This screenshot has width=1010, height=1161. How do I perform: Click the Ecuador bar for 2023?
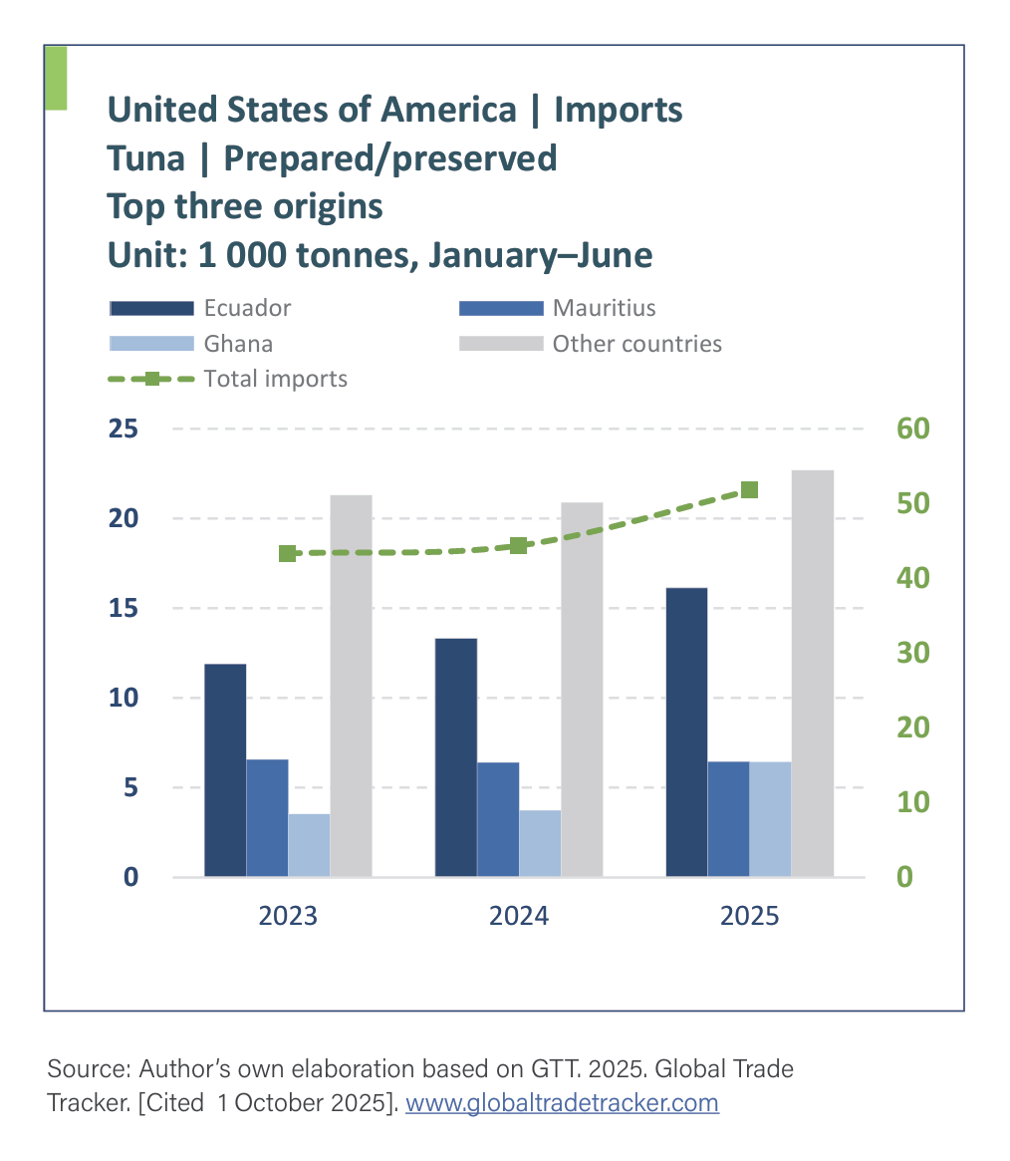click(x=225, y=769)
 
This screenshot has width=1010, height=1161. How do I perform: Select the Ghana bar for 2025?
click(x=770, y=819)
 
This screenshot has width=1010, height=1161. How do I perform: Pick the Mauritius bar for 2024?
click(x=498, y=819)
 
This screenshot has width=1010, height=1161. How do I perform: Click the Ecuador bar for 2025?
click(x=686, y=732)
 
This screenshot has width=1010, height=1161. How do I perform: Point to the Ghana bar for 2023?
click(x=309, y=845)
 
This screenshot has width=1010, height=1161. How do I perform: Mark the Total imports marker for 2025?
click(x=750, y=489)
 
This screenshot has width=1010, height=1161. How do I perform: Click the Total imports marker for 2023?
click(x=288, y=553)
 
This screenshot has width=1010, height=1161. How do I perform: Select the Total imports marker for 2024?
click(x=518, y=545)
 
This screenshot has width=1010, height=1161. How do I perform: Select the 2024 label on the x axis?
click(x=518, y=916)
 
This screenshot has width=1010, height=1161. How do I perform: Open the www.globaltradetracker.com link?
click(x=562, y=1103)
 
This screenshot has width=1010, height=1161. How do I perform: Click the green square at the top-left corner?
click(x=56, y=78)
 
